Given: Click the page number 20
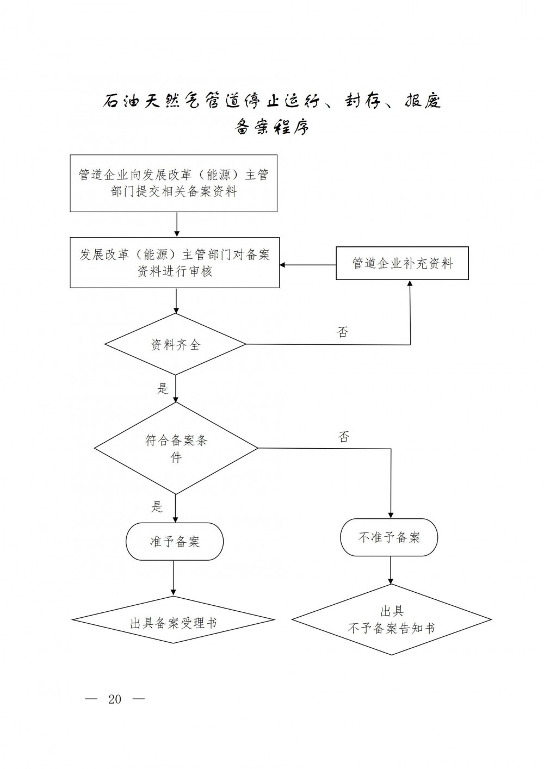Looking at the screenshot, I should [115, 699].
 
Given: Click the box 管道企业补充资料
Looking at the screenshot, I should [402, 264].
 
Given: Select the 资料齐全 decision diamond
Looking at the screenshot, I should [175, 344].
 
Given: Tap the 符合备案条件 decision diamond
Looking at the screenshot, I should [176, 448].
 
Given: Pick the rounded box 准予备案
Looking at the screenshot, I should [175, 542].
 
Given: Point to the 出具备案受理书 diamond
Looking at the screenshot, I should [174, 622].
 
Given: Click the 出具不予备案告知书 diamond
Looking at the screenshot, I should [391, 620].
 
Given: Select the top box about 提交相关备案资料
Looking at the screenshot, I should [174, 183].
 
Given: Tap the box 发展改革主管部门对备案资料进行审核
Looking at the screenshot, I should [175, 262].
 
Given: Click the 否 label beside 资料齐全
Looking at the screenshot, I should [342, 332].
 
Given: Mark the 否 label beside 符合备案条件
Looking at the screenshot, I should [343, 437].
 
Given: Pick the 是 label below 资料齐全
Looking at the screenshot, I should [163, 388].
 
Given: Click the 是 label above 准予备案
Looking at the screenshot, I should [157, 507].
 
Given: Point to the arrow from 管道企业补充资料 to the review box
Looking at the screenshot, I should [308, 265].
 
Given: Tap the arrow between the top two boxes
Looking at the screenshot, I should [177, 224].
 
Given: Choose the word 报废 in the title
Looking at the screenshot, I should [422, 101].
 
